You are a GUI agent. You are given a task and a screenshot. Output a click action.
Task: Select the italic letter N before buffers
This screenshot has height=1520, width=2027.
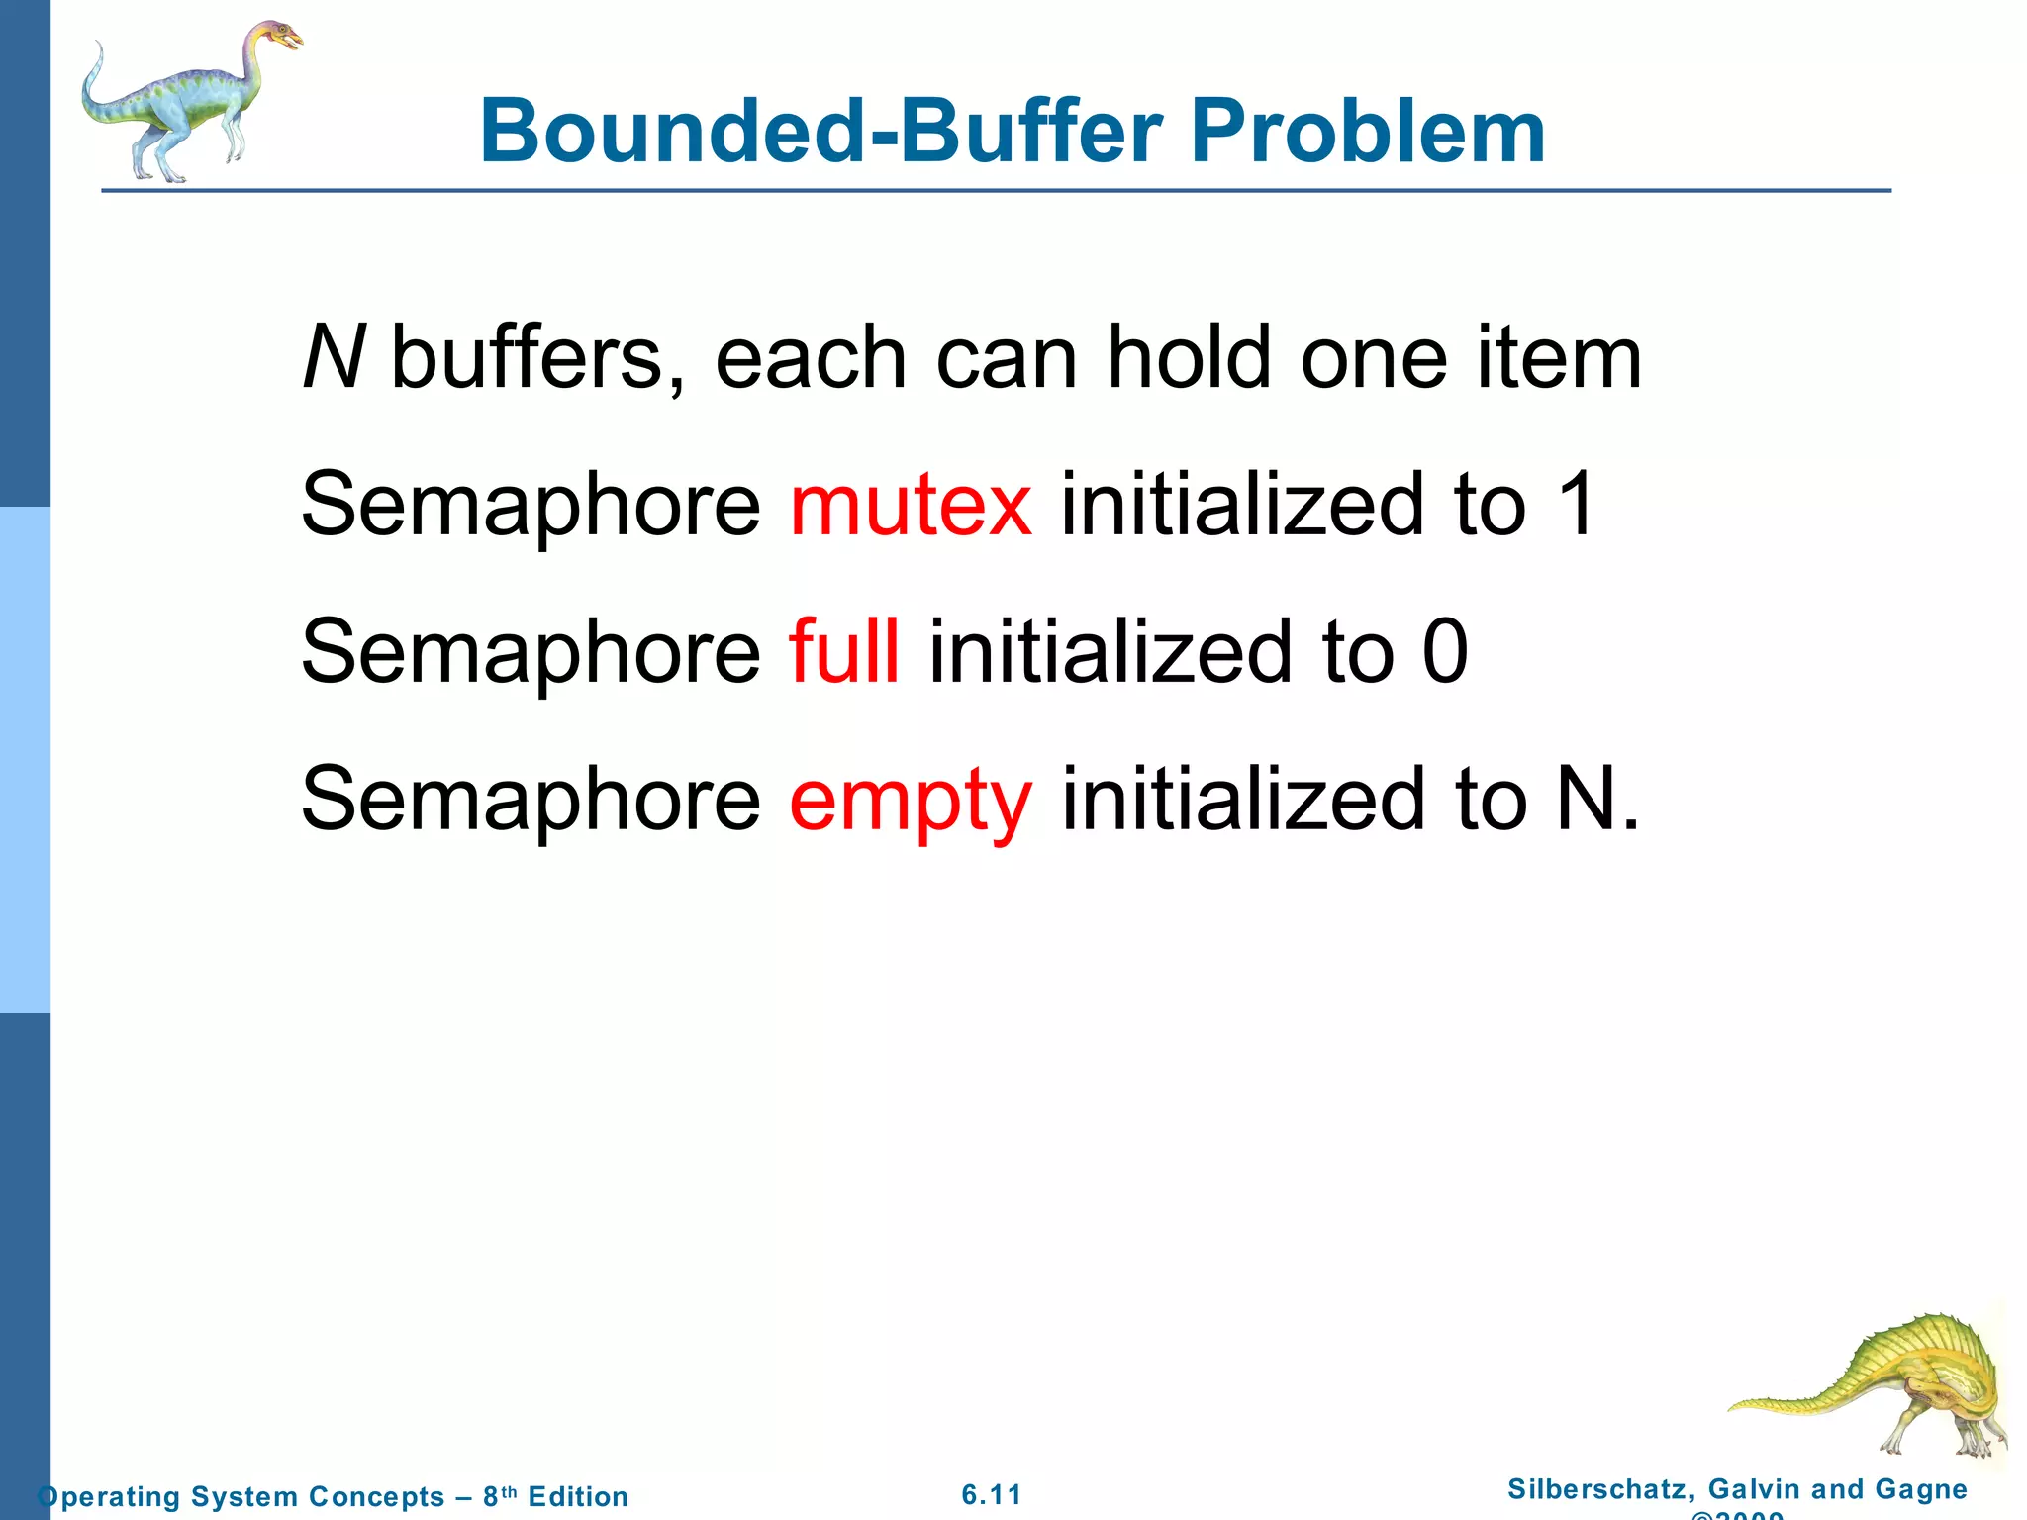(334, 357)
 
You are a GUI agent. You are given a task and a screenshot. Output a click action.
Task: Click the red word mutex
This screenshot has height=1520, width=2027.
(911, 505)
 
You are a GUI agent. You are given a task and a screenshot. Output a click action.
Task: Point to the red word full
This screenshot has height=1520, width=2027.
(844, 651)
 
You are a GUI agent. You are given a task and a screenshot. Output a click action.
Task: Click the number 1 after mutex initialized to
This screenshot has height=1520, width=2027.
(1575, 505)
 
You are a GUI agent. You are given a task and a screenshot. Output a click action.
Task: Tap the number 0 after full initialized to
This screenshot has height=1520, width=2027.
(1445, 651)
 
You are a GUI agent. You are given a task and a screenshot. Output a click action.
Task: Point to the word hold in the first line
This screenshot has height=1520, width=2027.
(1188, 357)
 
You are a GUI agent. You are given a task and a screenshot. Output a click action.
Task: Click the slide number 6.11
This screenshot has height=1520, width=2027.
(992, 1494)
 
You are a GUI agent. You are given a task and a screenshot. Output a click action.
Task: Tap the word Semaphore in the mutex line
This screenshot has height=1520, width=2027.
(531, 505)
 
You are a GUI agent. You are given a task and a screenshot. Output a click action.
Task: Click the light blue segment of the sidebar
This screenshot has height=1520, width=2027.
(25, 760)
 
